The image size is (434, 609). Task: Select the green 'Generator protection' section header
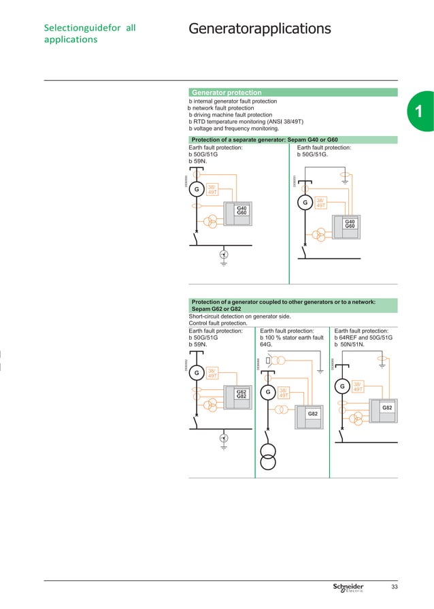point(227,93)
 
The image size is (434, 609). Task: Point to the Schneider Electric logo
point(348,587)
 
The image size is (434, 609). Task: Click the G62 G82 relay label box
point(241,395)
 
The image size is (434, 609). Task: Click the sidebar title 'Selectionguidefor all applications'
point(88,33)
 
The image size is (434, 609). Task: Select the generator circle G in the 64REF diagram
point(343,387)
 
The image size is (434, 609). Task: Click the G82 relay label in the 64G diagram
point(313,414)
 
